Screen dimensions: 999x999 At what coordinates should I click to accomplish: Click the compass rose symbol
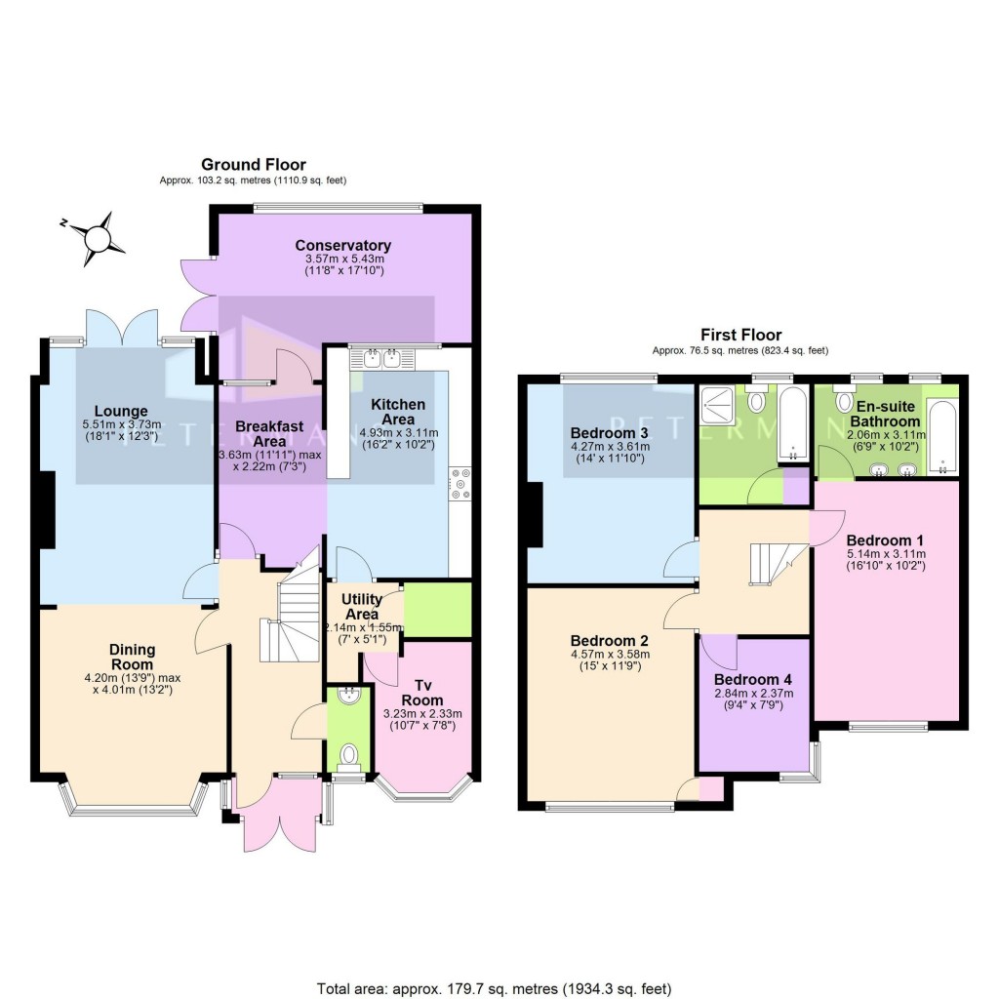click(99, 237)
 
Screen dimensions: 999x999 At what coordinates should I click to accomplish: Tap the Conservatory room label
click(343, 245)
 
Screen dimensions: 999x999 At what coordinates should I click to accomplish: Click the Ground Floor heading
click(254, 165)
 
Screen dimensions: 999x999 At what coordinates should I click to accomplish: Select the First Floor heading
click(739, 335)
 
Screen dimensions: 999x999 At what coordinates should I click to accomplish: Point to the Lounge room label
click(121, 411)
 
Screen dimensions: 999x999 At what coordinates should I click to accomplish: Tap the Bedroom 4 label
click(754, 680)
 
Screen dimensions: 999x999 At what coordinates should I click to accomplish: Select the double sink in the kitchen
click(382, 359)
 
